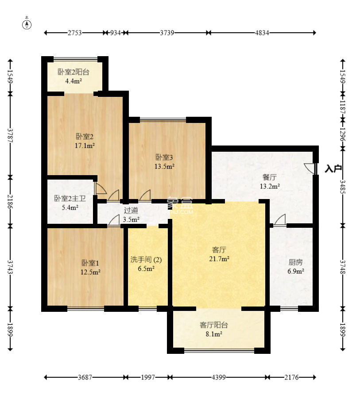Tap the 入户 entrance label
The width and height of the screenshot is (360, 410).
[x=333, y=169]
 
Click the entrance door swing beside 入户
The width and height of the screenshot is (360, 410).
[x=310, y=168]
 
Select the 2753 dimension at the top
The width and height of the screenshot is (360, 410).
[x=75, y=33]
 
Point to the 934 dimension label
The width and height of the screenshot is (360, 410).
[x=115, y=33]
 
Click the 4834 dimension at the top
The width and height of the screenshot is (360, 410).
[x=262, y=33]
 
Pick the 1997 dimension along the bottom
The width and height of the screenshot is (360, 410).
[x=148, y=377]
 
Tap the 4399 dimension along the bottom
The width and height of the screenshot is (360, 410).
[x=219, y=377]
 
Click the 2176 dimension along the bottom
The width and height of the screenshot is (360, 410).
[x=291, y=377]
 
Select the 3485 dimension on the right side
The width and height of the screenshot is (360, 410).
[x=343, y=187]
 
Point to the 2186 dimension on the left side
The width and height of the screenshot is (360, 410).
[x=10, y=201]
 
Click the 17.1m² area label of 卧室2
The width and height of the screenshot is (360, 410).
[x=85, y=146]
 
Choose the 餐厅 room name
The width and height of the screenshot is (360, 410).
[x=269, y=177]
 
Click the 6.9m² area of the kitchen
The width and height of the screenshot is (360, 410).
[x=296, y=271]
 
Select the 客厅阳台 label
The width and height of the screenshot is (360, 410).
[x=214, y=325]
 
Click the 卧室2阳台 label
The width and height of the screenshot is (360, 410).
[x=74, y=72]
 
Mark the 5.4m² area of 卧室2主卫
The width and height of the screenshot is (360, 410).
[x=70, y=207]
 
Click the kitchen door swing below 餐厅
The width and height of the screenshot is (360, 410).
[x=279, y=219]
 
